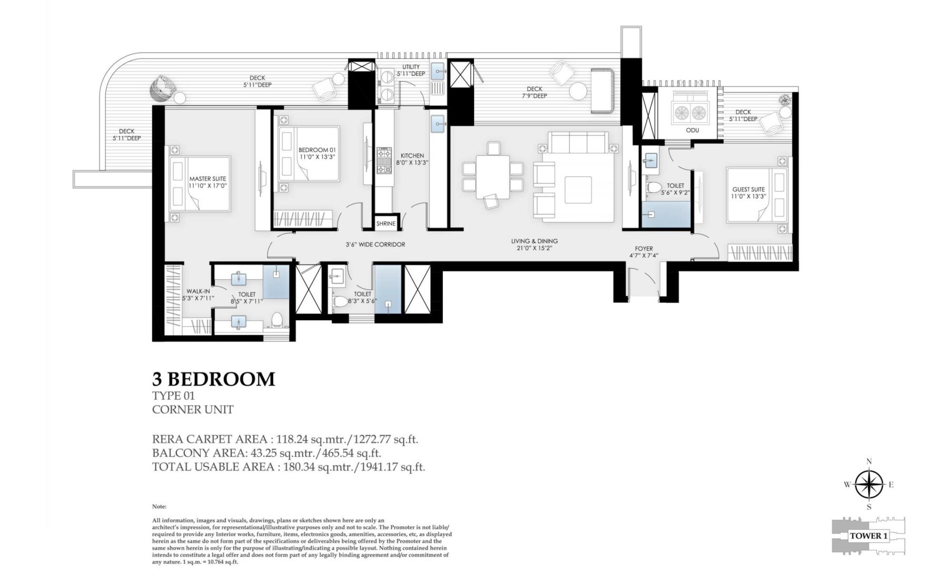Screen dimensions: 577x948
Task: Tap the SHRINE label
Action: click(386, 223)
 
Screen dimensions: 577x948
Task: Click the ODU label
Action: click(692, 130)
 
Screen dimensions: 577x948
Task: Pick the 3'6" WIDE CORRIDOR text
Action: click(375, 245)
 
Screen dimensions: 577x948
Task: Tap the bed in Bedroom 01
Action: click(309, 154)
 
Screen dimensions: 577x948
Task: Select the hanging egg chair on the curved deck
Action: click(160, 89)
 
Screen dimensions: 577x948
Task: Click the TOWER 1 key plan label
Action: click(868, 536)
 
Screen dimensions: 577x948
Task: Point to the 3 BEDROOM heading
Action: click(213, 379)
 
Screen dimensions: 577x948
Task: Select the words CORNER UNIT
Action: click(193, 409)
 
